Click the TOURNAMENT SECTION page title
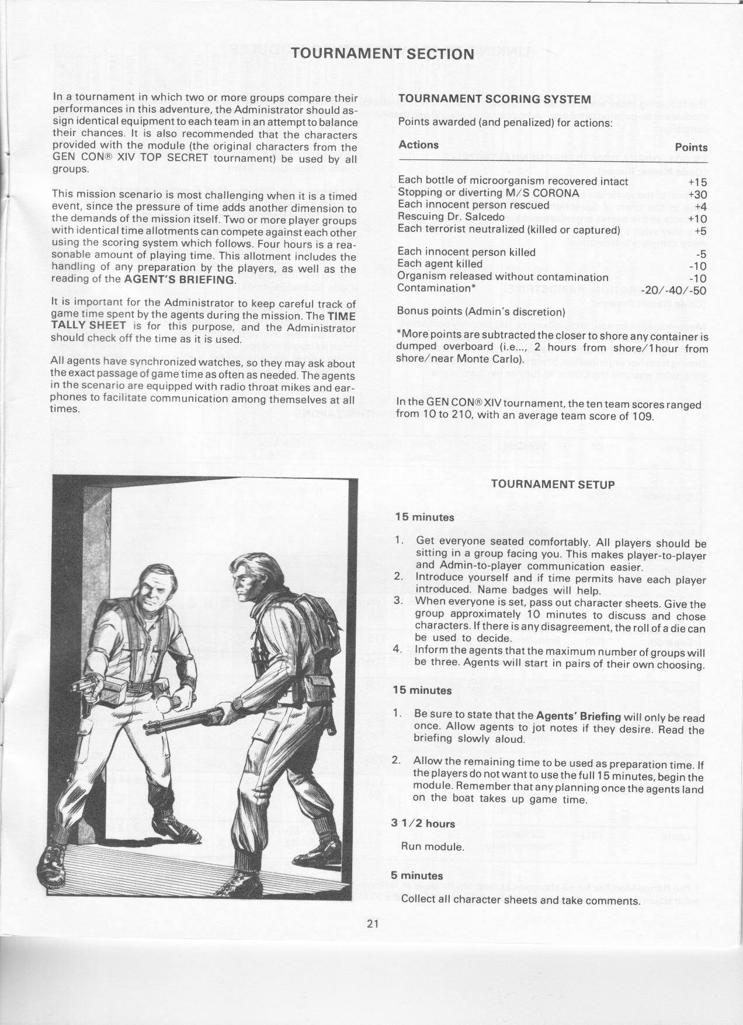[382, 54]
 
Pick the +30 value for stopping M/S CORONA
[697, 194]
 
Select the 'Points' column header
[691, 147]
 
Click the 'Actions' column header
[418, 144]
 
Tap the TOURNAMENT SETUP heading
[553, 484]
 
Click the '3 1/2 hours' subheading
[423, 824]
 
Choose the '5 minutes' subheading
[418, 875]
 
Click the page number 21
[374, 940]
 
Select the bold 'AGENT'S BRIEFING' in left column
[180, 279]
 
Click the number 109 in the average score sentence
[644, 416]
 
